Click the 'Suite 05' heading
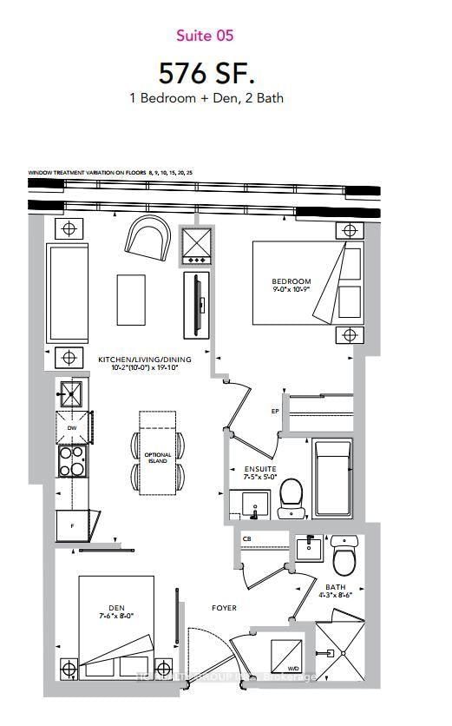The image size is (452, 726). pos(205,36)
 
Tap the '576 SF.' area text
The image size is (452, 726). pos(206,70)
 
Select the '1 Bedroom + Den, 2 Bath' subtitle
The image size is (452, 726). pos(206,98)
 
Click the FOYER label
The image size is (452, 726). pos(223,608)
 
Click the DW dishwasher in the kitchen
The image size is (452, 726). pos(71,426)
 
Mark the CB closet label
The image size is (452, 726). pos(247,539)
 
